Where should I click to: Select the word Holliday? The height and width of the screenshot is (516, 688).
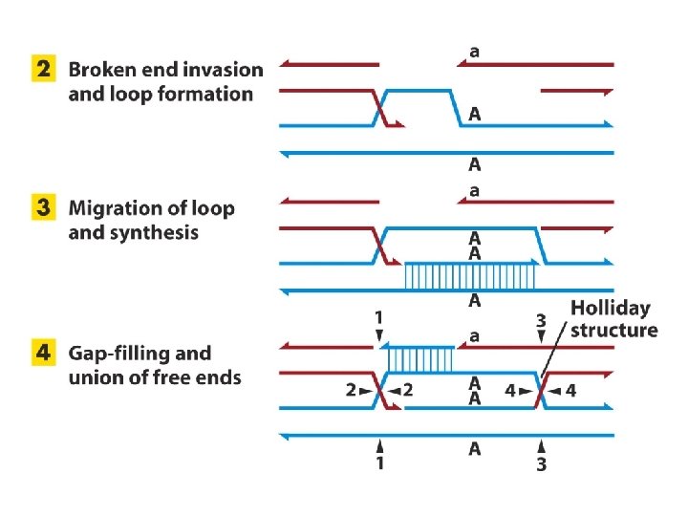[610, 309]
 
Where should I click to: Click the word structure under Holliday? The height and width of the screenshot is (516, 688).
[613, 331]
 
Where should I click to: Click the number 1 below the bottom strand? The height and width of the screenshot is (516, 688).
[379, 462]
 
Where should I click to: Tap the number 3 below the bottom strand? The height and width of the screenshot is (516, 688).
[541, 464]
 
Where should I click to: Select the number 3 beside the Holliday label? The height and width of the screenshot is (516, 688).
[540, 321]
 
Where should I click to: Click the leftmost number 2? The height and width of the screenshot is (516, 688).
[352, 390]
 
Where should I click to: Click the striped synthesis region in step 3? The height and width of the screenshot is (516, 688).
[469, 276]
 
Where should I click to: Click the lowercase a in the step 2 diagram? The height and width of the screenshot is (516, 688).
[474, 51]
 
